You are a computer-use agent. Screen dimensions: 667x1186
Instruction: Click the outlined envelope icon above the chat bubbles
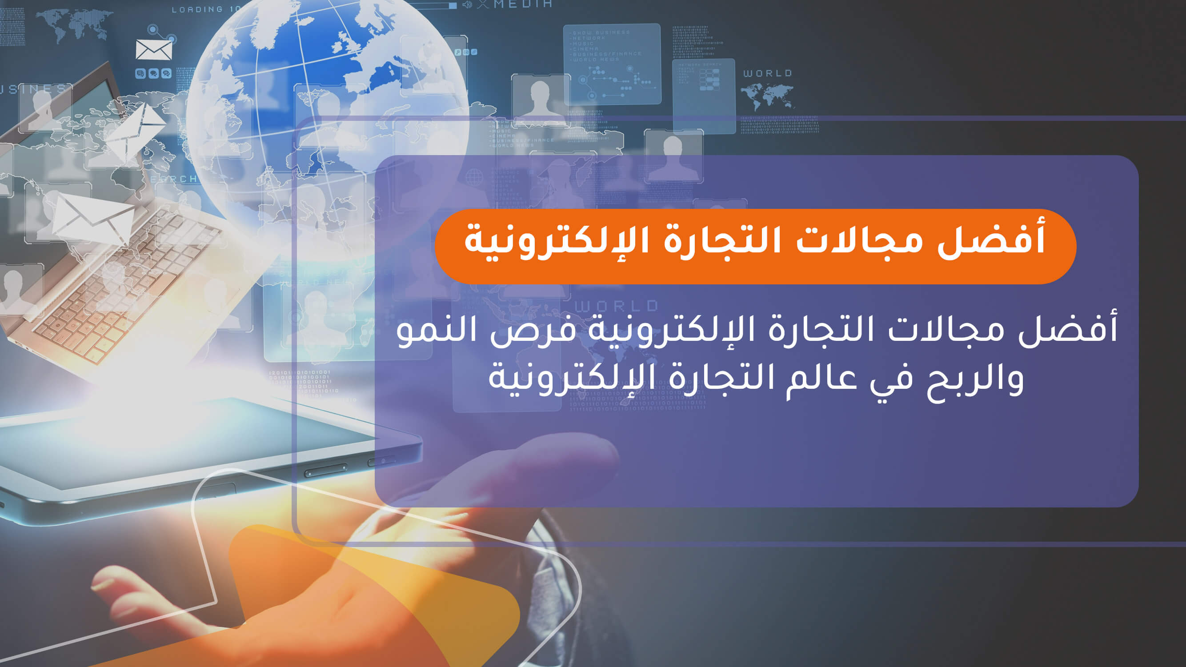[x=154, y=50]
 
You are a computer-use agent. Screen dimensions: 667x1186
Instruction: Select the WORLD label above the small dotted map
[x=768, y=73]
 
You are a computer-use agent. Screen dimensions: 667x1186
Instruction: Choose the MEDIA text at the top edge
[x=523, y=4]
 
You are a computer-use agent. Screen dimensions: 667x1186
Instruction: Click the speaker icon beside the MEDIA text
[x=467, y=4]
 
